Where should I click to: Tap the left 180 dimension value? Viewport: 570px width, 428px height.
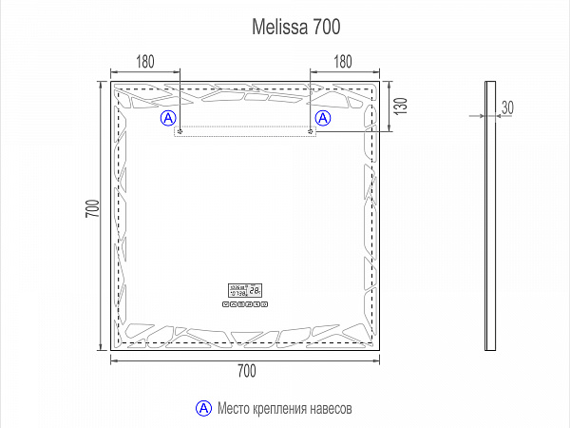(145, 62)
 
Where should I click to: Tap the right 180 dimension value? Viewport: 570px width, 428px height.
(342, 62)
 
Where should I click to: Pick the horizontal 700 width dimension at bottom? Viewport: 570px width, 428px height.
(246, 370)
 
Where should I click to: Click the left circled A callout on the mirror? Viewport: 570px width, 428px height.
(168, 118)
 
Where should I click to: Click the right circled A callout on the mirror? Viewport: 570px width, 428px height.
(323, 118)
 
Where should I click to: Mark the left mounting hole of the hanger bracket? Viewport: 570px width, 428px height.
(179, 131)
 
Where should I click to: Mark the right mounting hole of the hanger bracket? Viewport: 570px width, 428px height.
(312, 131)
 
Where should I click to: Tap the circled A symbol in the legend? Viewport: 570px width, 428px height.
(202, 407)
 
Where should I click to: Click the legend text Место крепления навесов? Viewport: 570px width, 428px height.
(285, 408)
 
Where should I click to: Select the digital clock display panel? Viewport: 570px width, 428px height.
(246, 291)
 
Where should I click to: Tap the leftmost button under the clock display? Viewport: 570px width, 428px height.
(225, 304)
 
